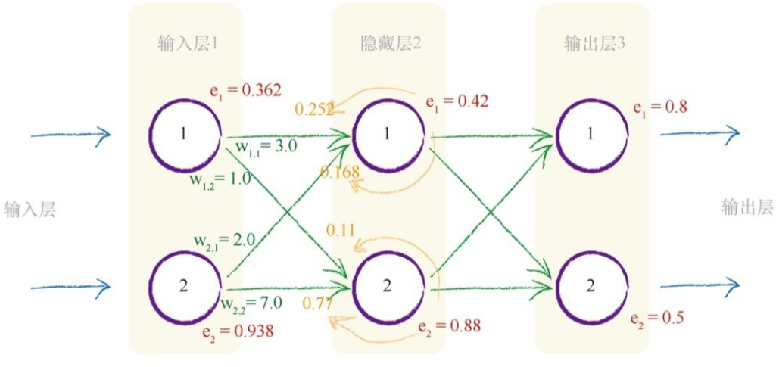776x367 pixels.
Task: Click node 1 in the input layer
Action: pyautogui.click(x=185, y=134)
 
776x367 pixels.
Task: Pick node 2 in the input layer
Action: pyautogui.click(x=185, y=285)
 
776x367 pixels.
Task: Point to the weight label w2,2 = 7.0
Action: pyautogui.click(x=251, y=303)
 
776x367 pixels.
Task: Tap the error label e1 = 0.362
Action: pyautogui.click(x=245, y=91)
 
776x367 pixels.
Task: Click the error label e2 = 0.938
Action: pyautogui.click(x=238, y=331)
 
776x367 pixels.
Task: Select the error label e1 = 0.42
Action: pyautogui.click(x=457, y=102)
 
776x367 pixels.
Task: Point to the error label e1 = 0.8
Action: pyautogui.click(x=660, y=107)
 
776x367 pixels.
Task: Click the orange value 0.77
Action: pyautogui.click(x=318, y=304)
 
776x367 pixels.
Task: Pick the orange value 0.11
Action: pyautogui.click(x=341, y=229)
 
